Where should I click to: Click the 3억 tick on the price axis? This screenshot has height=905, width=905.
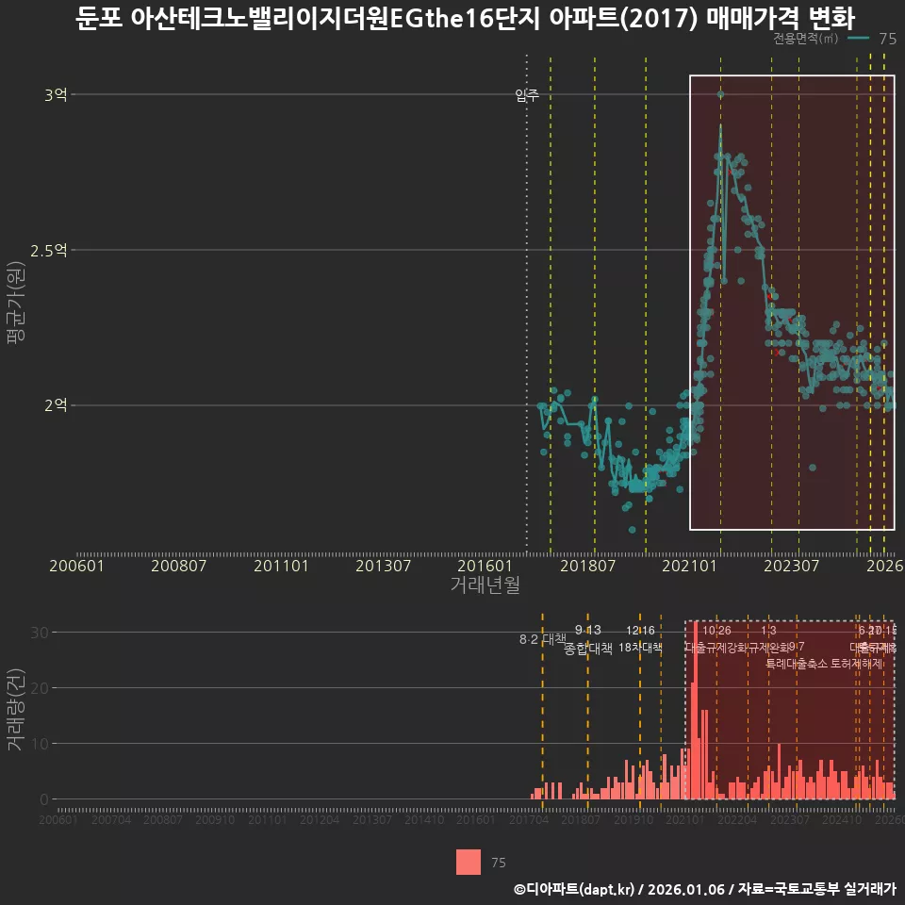pyautogui.click(x=56, y=94)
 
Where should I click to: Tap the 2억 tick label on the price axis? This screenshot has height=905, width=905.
pyautogui.click(x=56, y=405)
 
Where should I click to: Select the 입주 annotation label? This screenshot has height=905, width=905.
pyautogui.click(x=527, y=94)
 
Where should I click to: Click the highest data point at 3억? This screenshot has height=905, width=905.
pyautogui.click(x=720, y=94)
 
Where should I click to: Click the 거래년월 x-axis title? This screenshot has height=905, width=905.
pyautogui.click(x=485, y=584)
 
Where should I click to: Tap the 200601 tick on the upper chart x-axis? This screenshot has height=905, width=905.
pyautogui.click(x=76, y=566)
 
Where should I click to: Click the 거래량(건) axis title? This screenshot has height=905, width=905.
pyautogui.click(x=16, y=710)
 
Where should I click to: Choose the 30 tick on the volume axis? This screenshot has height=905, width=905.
pyautogui.click(x=38, y=632)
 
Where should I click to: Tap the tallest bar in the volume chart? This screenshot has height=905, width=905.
pyautogui.click(x=696, y=710)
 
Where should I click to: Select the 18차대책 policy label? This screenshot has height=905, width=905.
pyautogui.click(x=641, y=648)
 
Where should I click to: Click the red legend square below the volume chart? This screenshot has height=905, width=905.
pyautogui.click(x=469, y=862)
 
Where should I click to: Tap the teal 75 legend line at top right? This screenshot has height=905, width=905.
pyautogui.click(x=858, y=39)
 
